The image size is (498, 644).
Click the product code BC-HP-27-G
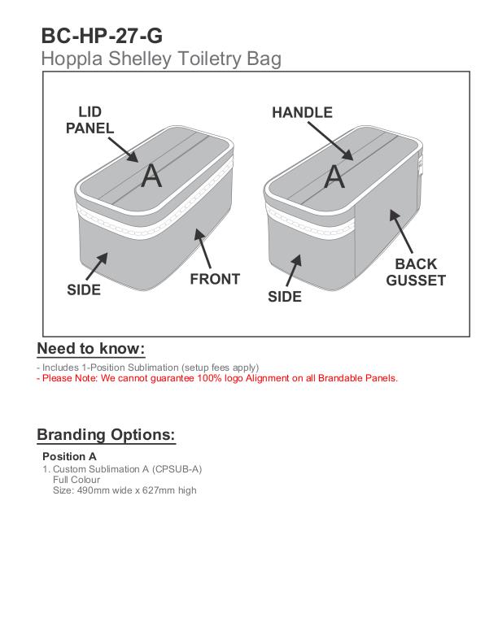pyautogui.click(x=102, y=36)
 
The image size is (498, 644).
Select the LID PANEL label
pyautogui.click(x=90, y=120)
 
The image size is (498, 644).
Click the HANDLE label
pyautogui.click(x=302, y=113)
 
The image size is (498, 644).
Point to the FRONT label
pyautogui.click(x=215, y=279)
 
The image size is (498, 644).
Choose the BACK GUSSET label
pyautogui.click(x=416, y=272)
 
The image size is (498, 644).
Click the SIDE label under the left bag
pyautogui.click(x=84, y=289)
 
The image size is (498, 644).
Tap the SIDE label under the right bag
pyautogui.click(x=285, y=297)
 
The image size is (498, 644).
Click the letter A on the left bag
pyautogui.click(x=151, y=176)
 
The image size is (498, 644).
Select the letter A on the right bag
pyautogui.click(x=334, y=176)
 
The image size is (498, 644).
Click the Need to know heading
pyautogui.click(x=90, y=349)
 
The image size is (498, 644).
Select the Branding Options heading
pyautogui.click(x=106, y=434)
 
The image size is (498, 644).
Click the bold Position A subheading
pyautogui.click(x=69, y=456)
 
